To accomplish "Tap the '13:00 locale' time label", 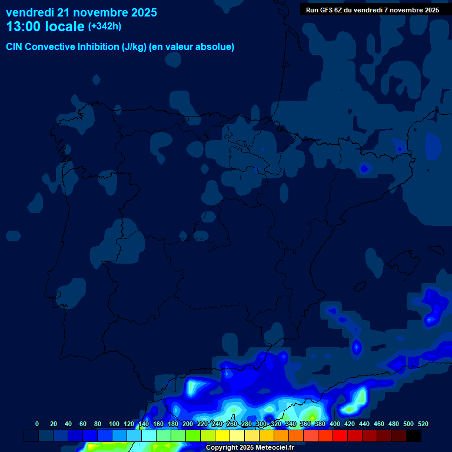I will [45, 26].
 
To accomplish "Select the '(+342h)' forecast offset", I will [105, 26].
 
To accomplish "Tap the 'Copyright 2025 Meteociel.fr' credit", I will [250, 448].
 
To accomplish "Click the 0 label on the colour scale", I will [37, 424].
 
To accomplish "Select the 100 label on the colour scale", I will [114, 424].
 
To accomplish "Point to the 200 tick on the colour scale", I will [187, 424].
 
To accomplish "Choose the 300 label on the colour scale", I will [261, 424].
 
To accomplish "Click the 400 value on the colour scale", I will [335, 424].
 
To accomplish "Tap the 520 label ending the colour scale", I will [423, 424].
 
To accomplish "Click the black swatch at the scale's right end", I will [414, 436].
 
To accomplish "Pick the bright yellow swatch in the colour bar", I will [222, 436].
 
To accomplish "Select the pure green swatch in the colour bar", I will [193, 436].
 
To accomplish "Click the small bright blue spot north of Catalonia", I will [364, 169].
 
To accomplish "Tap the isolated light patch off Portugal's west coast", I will [13, 235].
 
